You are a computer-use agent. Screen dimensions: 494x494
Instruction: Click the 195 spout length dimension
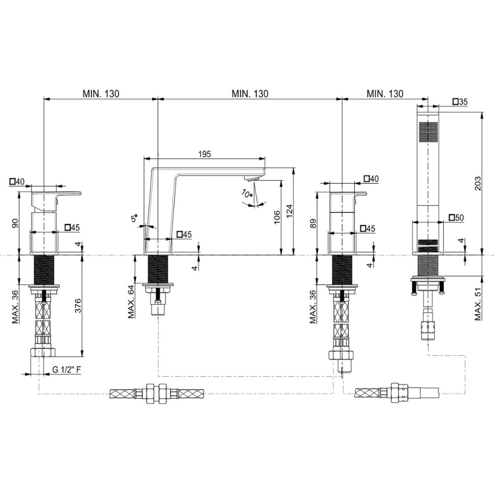(x=205, y=154)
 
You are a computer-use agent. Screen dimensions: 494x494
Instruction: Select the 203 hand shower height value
(x=478, y=183)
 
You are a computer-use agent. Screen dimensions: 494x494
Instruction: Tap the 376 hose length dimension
(x=78, y=305)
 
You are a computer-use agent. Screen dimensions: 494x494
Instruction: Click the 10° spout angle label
(x=247, y=193)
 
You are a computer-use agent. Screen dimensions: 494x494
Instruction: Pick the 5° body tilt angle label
(x=134, y=218)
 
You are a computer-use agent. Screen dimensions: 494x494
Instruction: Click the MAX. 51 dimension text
(x=478, y=304)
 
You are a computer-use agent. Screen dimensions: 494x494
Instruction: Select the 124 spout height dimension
(x=289, y=211)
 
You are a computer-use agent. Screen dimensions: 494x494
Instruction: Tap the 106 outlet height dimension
(x=277, y=217)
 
